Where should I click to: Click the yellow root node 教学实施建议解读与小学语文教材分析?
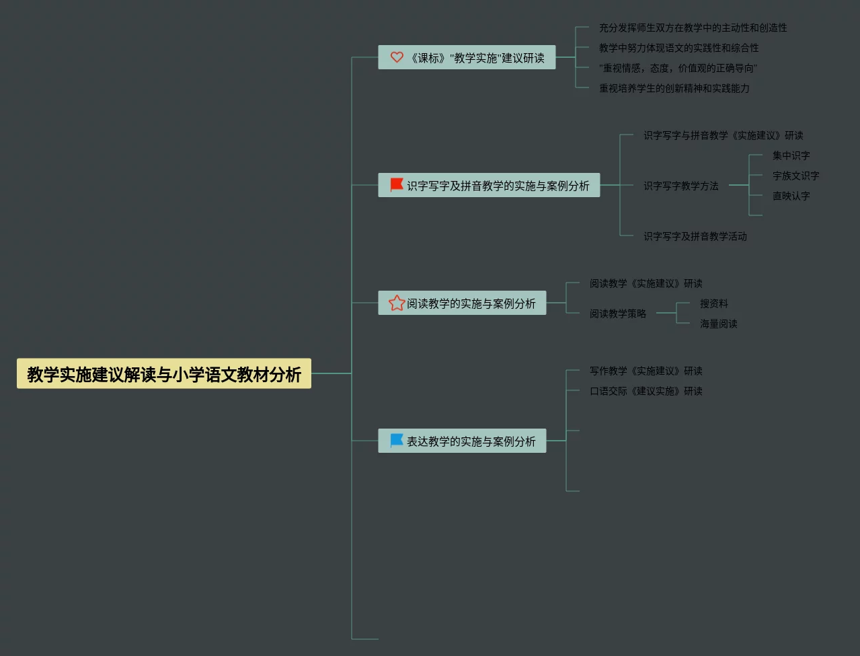[x=164, y=374]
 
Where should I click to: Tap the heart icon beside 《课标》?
[x=397, y=57]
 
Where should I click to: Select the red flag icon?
[x=397, y=184]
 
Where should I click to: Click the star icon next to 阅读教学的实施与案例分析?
[x=397, y=303]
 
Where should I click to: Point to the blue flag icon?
[x=397, y=441]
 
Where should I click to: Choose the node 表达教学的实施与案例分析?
[x=471, y=441]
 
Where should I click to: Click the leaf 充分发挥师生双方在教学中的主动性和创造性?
[x=693, y=28]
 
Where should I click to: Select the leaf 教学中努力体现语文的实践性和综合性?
[x=678, y=48]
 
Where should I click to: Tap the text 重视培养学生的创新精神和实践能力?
[x=674, y=88]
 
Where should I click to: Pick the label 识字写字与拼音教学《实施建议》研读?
[x=723, y=135]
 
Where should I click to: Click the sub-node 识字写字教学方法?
[x=680, y=186]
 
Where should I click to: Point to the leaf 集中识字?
[x=791, y=155]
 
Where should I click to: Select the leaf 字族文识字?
[x=795, y=176]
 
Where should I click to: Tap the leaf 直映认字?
[x=791, y=196]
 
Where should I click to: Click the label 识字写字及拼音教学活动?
[x=695, y=236]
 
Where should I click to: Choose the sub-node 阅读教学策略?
[x=617, y=314]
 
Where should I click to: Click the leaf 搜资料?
[x=713, y=303]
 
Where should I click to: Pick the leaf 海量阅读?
[x=718, y=324]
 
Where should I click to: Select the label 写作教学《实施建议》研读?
[x=646, y=371]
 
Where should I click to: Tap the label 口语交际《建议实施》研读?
[x=646, y=391]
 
